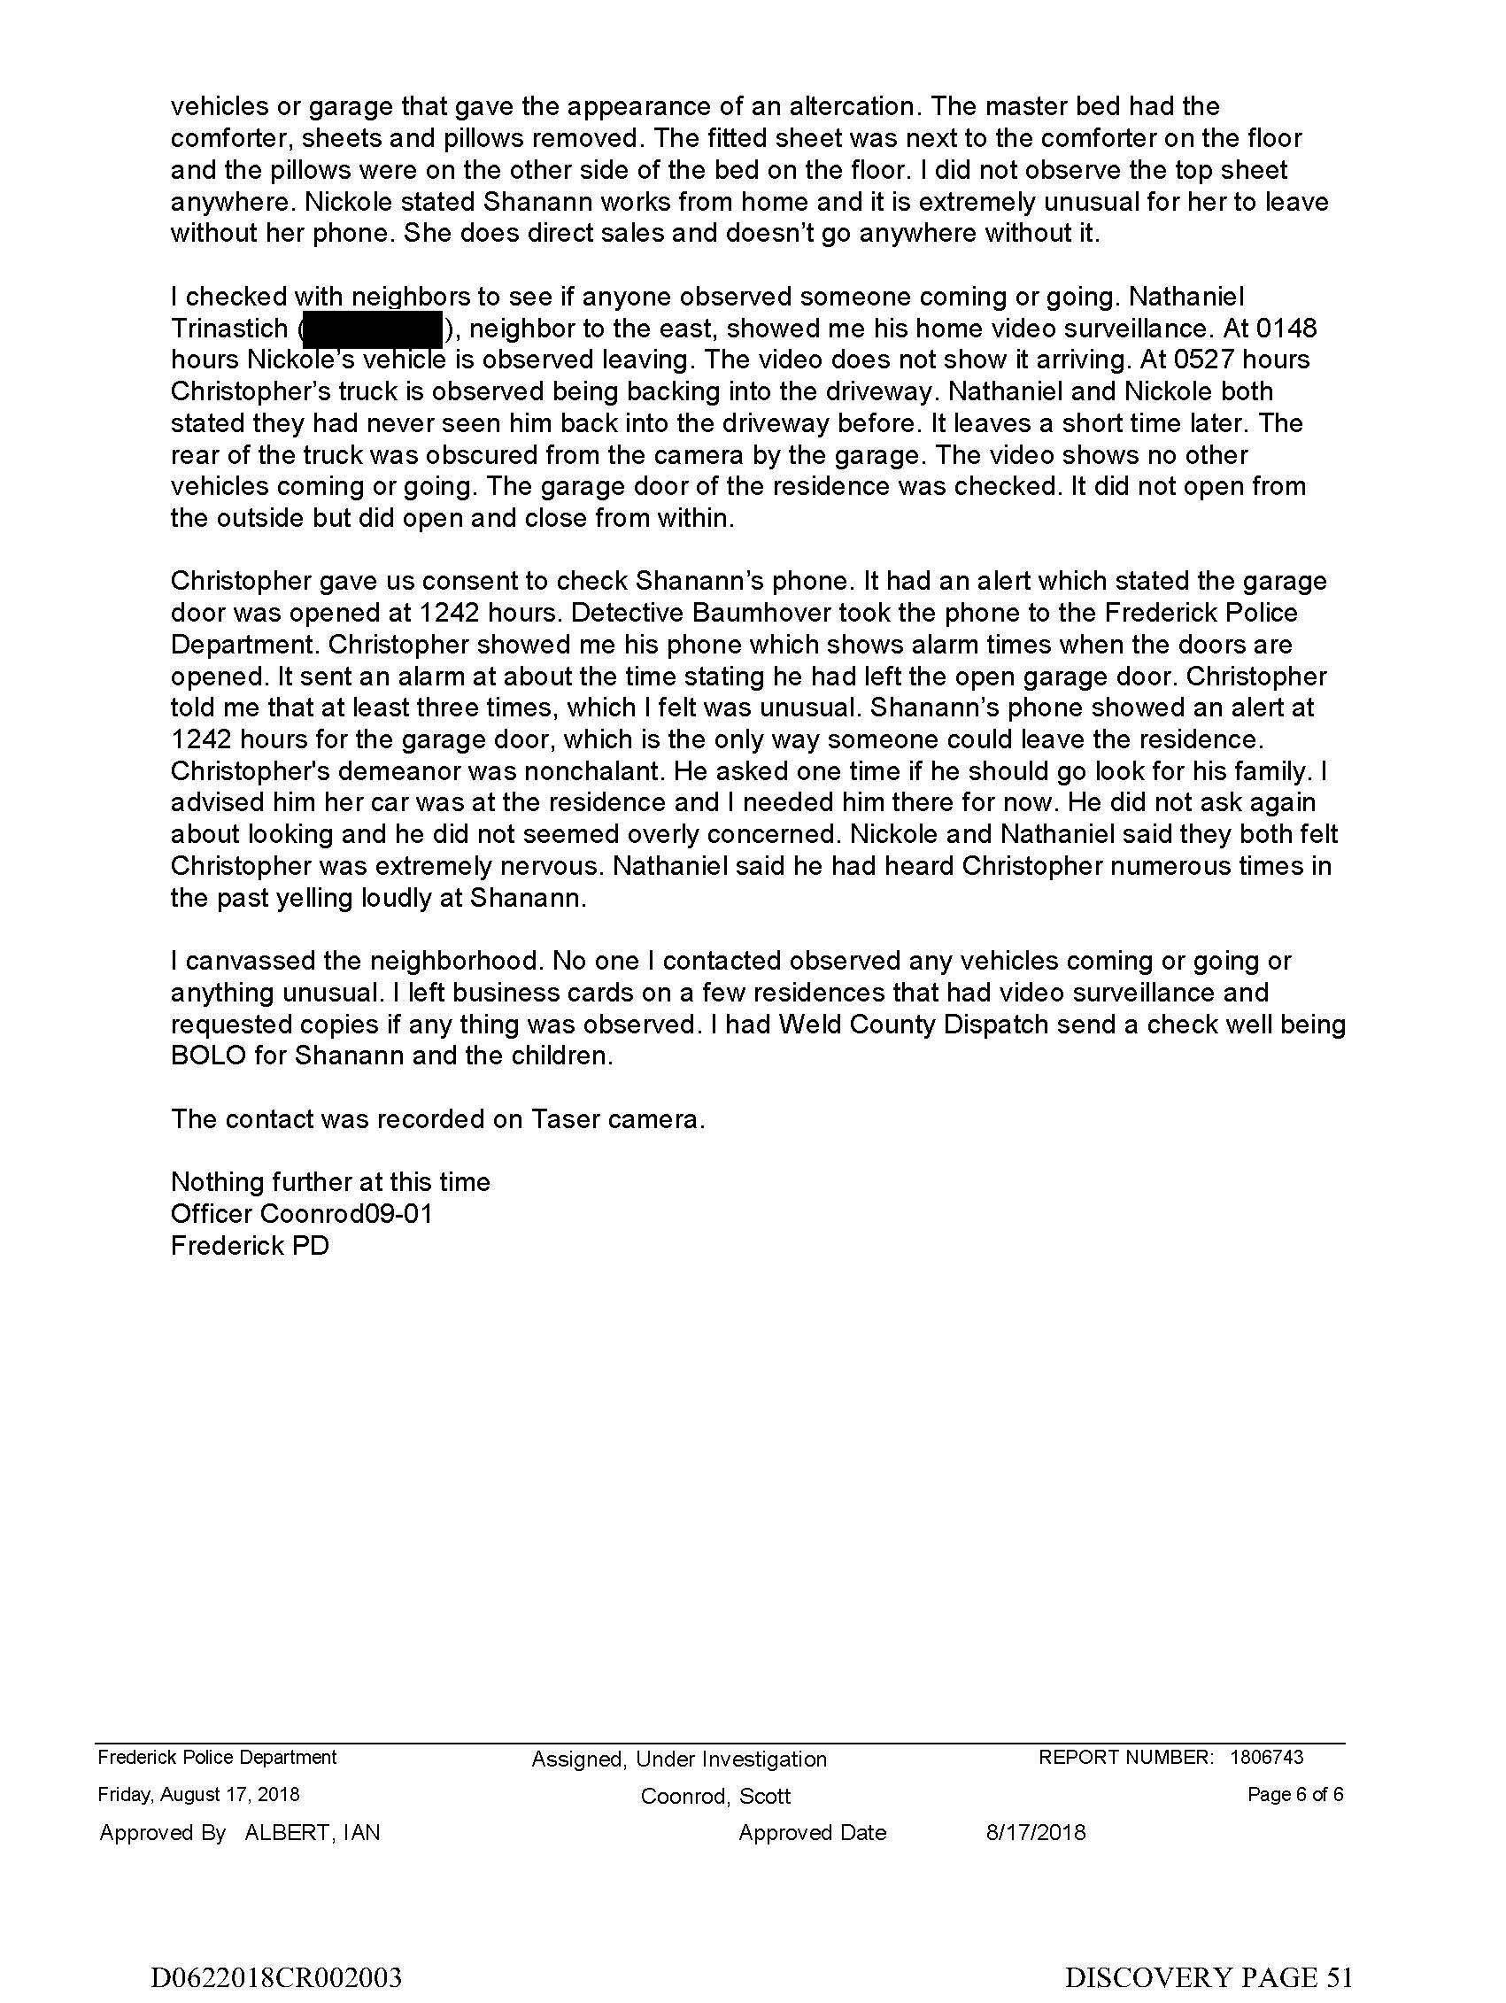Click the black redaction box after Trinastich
click(x=372, y=329)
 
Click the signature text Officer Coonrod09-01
click(x=302, y=1213)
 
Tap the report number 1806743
click(x=1266, y=1758)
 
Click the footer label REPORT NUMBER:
click(x=1125, y=1758)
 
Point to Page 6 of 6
click(x=1295, y=1795)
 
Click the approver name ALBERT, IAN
click(x=313, y=1833)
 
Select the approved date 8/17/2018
click(x=1035, y=1833)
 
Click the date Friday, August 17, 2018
click(x=198, y=1795)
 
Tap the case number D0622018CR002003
click(x=276, y=1976)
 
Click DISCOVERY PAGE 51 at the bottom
click(x=1208, y=1976)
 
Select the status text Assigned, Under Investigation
click(x=679, y=1759)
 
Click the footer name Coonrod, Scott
click(x=715, y=1797)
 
